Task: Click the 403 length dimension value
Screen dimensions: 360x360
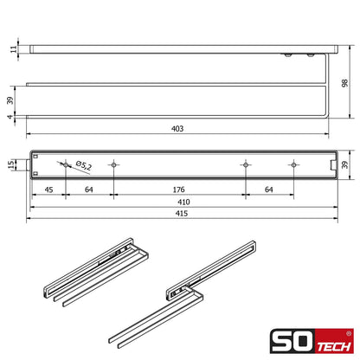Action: pyautogui.click(x=177, y=129)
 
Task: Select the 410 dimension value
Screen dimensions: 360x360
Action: pyautogui.click(x=183, y=202)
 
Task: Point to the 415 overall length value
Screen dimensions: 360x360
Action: pyautogui.click(x=182, y=214)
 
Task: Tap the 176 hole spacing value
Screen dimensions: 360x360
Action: pyautogui.click(x=178, y=190)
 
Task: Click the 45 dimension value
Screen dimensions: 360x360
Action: pyautogui.click(x=48, y=190)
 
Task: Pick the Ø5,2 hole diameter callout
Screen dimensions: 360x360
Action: pyautogui.click(x=84, y=165)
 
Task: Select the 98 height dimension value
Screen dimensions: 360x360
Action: pyautogui.click(x=344, y=83)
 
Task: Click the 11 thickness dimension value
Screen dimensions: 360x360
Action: pyautogui.click(x=14, y=49)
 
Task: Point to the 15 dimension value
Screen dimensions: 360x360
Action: pyautogui.click(x=10, y=164)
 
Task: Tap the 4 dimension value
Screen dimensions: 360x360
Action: pyautogui.click(x=10, y=117)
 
